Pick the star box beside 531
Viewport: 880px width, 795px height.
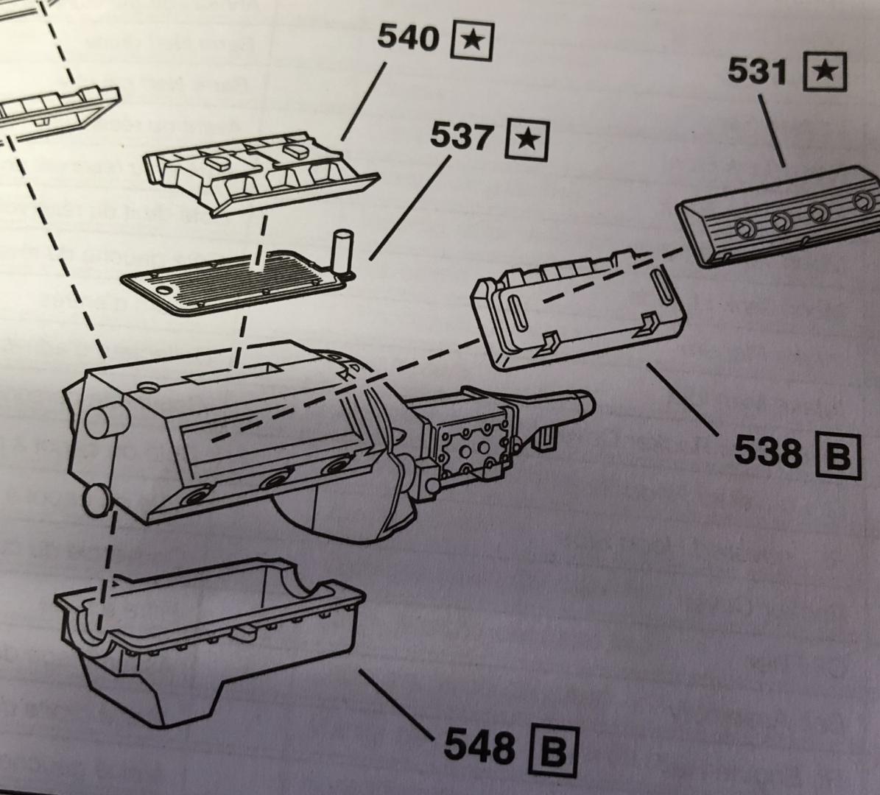pyautogui.click(x=826, y=72)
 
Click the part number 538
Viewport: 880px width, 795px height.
pyautogui.click(x=767, y=451)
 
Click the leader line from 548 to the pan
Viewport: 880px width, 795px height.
pyautogui.click(x=394, y=704)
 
